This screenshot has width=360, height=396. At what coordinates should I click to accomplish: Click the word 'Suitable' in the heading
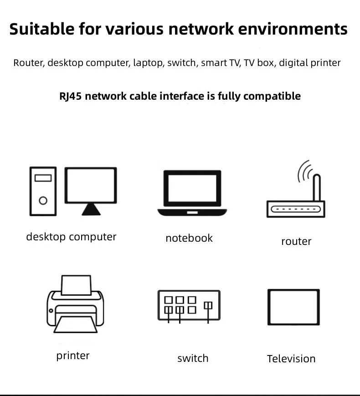click(41, 29)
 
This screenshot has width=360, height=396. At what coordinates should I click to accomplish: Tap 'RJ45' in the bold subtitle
click(71, 96)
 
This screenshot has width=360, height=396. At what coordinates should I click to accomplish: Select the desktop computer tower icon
click(43, 191)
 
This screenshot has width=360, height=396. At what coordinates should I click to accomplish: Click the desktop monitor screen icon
click(90, 186)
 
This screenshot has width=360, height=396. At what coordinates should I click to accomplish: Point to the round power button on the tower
click(43, 200)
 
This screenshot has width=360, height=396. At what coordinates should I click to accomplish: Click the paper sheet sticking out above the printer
click(76, 284)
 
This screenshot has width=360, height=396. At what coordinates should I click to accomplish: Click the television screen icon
click(293, 307)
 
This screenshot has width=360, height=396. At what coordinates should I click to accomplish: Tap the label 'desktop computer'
click(71, 237)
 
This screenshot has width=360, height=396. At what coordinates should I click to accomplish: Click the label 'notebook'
click(189, 238)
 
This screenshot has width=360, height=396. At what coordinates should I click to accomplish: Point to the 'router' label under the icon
click(296, 241)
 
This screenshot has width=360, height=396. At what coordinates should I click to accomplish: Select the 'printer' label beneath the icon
click(73, 355)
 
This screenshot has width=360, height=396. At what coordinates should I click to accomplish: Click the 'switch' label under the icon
click(193, 358)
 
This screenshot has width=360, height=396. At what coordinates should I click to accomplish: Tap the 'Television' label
click(291, 359)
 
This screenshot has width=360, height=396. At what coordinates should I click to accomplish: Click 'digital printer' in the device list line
click(309, 63)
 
